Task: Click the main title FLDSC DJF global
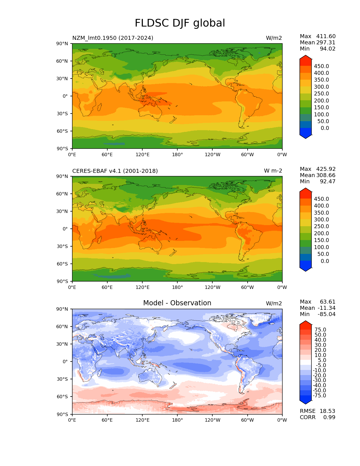(x=180, y=23)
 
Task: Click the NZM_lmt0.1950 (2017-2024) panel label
(x=113, y=38)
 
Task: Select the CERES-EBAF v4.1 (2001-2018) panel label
(x=115, y=171)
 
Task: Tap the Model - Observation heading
(x=177, y=303)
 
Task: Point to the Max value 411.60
(x=326, y=36)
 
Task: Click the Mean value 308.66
(x=326, y=175)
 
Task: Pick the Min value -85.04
(x=326, y=314)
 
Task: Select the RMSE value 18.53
(x=327, y=411)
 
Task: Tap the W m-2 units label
(x=273, y=171)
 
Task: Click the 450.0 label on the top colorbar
(x=321, y=66)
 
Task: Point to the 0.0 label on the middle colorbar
(x=325, y=261)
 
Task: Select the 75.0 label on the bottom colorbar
(x=320, y=330)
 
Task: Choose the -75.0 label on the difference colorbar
(x=319, y=395)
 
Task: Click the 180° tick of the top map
(x=177, y=154)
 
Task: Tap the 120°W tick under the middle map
(x=212, y=287)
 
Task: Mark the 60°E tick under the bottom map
(x=107, y=420)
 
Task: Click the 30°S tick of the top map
(x=62, y=114)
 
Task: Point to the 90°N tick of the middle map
(x=62, y=176)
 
